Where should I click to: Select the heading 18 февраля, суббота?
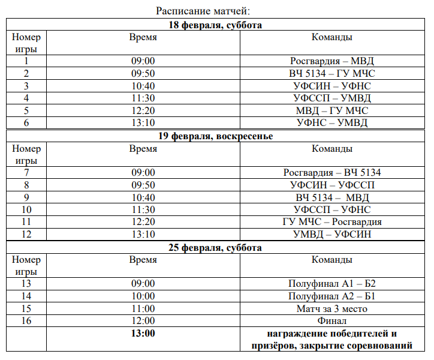(216, 25)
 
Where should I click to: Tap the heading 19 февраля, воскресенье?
(216, 136)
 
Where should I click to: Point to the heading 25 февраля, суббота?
(216, 247)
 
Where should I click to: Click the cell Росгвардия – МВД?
(332, 61)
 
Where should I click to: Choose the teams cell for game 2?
(332, 73)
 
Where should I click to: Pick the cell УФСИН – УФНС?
(332, 86)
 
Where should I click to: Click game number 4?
(26, 98)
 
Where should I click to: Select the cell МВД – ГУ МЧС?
(332, 110)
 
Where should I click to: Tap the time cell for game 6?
(143, 123)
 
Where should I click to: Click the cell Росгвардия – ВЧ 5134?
(332, 173)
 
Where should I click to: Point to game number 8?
(26, 185)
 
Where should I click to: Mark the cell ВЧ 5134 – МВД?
(332, 197)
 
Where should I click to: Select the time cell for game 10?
(143, 209)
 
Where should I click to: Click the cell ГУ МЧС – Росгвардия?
(332, 222)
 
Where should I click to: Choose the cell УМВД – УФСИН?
(332, 235)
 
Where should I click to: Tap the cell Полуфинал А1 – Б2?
(332, 284)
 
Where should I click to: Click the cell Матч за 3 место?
(332, 308)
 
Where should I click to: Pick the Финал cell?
(332, 321)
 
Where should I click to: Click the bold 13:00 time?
(143, 334)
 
